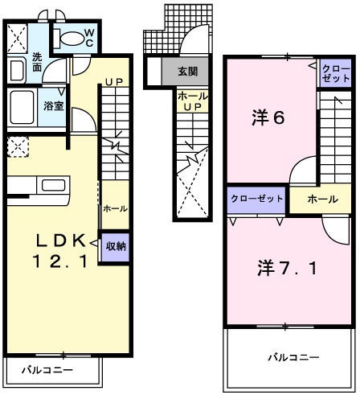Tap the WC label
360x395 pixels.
tap(88, 37)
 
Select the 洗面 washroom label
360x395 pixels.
tap(38, 63)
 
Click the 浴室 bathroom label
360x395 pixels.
tap(54, 105)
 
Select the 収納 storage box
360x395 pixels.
tap(113, 246)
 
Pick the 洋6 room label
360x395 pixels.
tap(268, 118)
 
